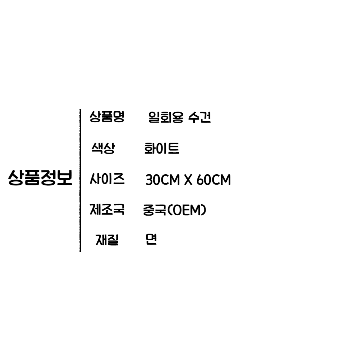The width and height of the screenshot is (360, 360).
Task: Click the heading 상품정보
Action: tap(40, 178)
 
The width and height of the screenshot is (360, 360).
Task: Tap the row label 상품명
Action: tap(107, 117)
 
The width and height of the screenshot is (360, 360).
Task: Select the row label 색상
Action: tap(103, 148)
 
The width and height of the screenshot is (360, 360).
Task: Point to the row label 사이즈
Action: tap(107, 179)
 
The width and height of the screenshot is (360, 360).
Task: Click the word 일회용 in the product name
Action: tap(164, 117)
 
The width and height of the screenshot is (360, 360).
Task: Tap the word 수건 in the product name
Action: tap(199, 117)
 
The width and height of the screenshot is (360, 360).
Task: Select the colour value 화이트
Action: tap(161, 149)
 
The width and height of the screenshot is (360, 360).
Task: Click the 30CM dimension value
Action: tap(162, 180)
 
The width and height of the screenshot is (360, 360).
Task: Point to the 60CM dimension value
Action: tap(214, 180)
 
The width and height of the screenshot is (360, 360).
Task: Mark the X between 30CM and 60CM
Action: tap(187, 180)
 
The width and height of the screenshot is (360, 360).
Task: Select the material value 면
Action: tap(151, 239)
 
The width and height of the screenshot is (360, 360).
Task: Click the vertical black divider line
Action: tap(80, 180)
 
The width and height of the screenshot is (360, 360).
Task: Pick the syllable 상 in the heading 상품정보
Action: tap(16, 178)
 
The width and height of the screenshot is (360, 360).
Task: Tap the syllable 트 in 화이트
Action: tap(174, 149)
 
